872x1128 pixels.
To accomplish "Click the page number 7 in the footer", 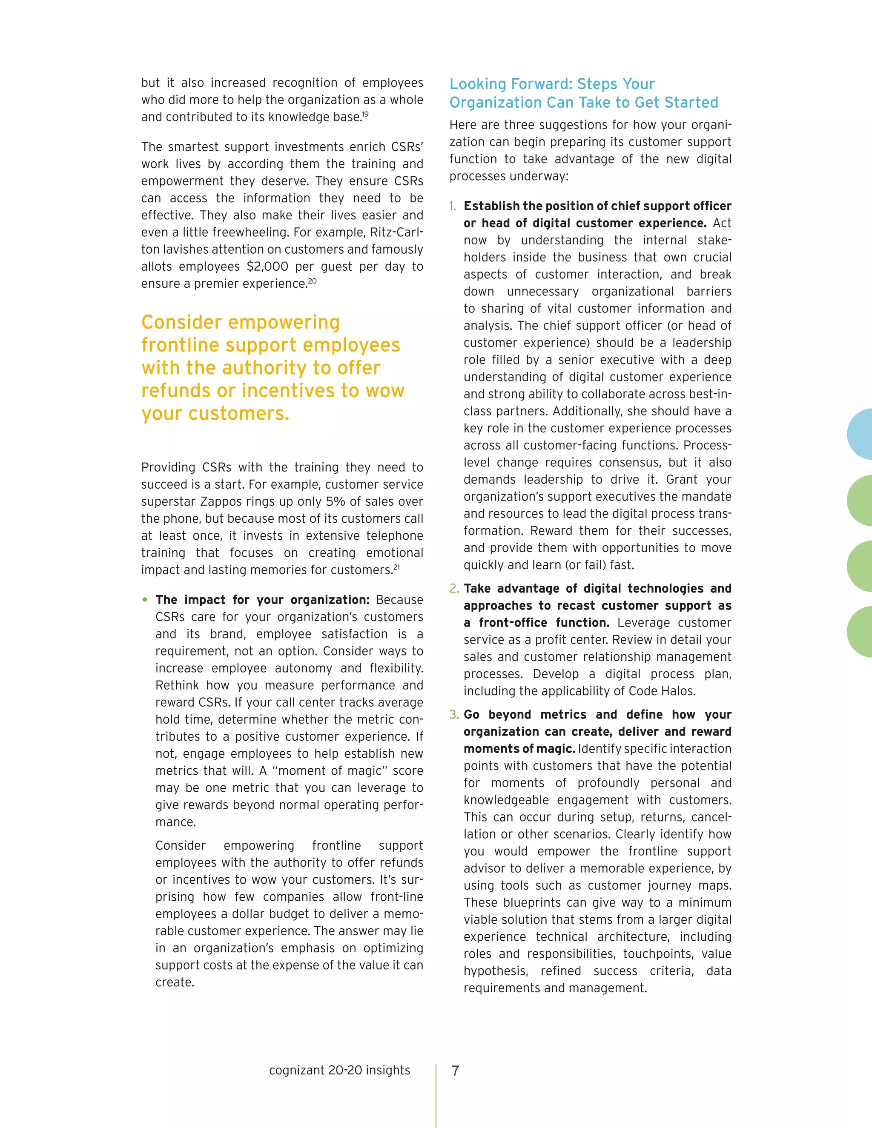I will [x=455, y=1071].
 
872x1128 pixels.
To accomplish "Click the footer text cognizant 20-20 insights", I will [x=339, y=1070].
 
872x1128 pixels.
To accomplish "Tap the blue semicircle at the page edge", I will [x=861, y=434].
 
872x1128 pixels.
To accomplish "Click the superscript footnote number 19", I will [x=365, y=114].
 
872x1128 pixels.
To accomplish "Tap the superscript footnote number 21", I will [x=397, y=567].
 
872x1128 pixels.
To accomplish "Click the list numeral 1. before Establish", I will [x=453, y=206].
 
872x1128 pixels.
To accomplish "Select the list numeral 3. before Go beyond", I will [x=453, y=714].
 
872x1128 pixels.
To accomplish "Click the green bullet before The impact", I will [x=145, y=600].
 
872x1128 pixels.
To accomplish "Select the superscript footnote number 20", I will [x=313, y=281].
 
